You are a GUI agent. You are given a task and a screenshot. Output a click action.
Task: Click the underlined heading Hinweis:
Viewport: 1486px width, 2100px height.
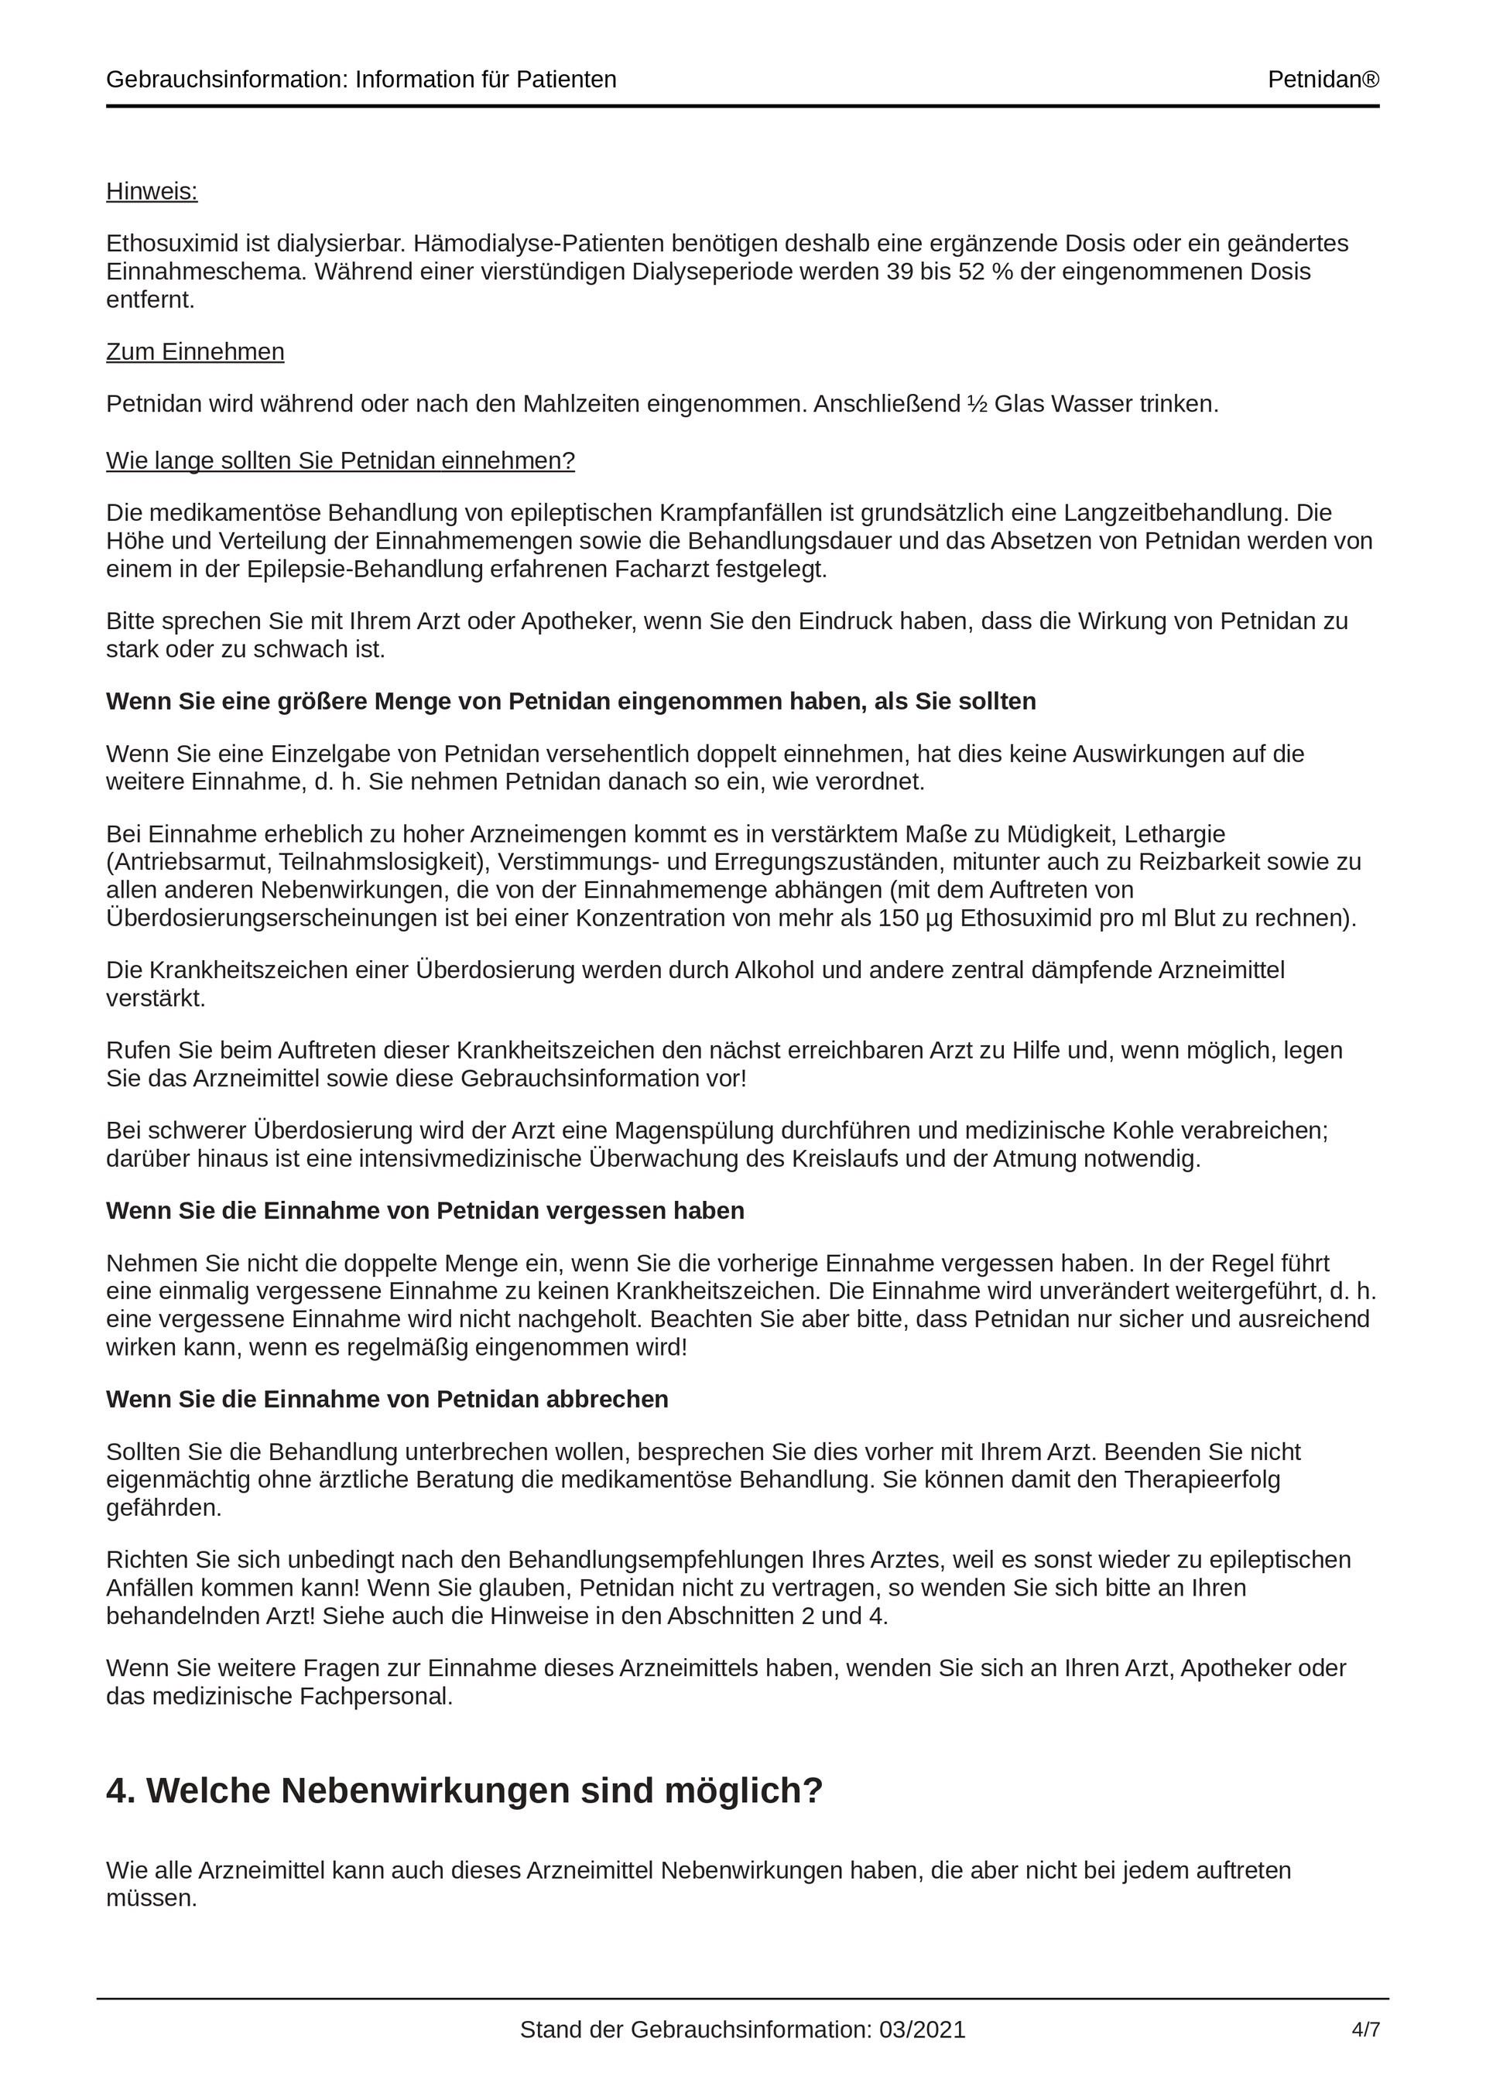(x=152, y=191)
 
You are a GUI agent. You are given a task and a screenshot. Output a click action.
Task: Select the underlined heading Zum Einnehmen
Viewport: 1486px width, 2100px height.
(x=195, y=352)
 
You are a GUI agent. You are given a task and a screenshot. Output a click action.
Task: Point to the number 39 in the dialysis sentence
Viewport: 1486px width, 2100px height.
(x=899, y=272)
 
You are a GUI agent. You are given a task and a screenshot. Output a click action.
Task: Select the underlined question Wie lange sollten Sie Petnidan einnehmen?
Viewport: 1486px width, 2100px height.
(x=341, y=461)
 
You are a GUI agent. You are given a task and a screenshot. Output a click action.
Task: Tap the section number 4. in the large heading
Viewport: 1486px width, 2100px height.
(x=121, y=1790)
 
